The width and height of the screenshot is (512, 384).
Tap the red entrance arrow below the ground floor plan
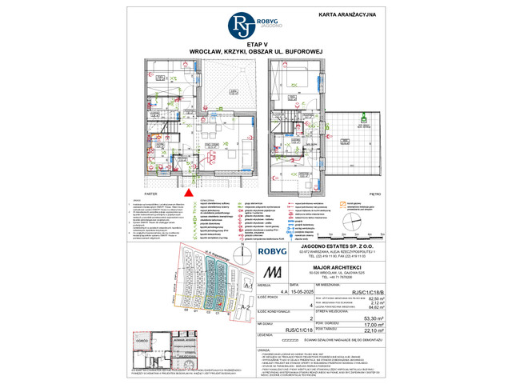point(189,191)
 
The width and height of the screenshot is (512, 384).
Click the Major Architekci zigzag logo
point(274,270)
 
